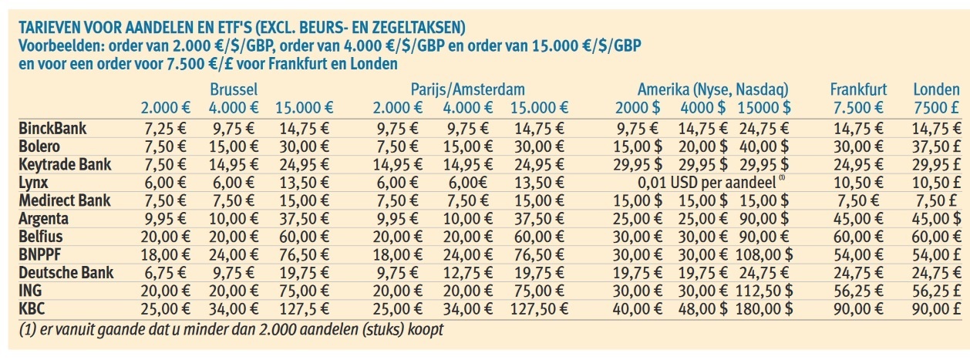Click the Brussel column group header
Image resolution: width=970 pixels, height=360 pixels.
(x=234, y=89)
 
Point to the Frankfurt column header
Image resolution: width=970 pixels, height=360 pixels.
(x=858, y=89)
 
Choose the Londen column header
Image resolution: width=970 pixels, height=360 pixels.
(x=936, y=89)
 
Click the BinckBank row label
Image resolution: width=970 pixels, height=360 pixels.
(x=52, y=128)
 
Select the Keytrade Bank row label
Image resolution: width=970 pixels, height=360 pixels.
(x=65, y=164)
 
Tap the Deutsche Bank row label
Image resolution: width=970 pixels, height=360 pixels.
(x=66, y=272)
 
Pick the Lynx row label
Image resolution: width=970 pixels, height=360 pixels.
(x=35, y=182)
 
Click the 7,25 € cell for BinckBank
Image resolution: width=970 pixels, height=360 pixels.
(x=163, y=129)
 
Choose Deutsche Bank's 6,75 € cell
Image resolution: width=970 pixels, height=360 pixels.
(x=163, y=273)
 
